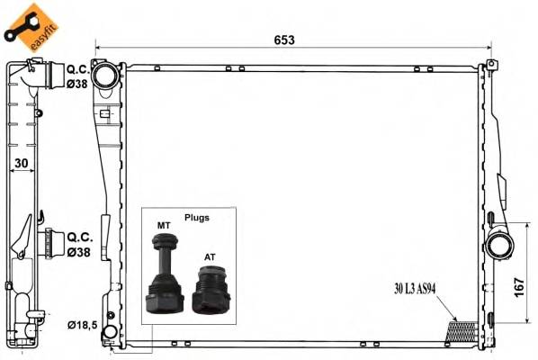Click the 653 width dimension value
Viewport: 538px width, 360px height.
click(x=285, y=40)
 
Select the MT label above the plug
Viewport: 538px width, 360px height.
click(x=164, y=225)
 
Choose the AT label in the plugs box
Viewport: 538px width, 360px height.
click(x=210, y=256)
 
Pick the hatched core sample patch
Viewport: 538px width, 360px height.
click(x=464, y=330)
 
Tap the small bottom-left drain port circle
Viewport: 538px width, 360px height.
click(x=110, y=335)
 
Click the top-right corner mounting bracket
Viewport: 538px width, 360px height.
click(x=491, y=65)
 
